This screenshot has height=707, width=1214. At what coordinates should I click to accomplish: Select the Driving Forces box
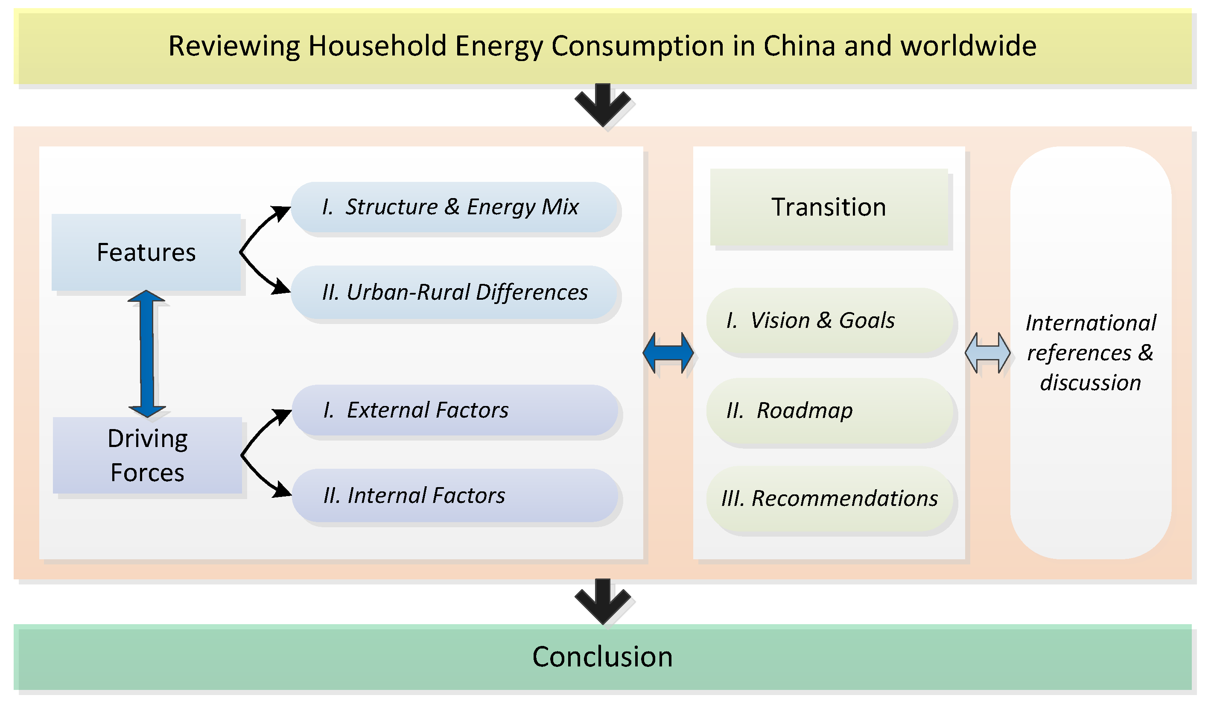[147, 456]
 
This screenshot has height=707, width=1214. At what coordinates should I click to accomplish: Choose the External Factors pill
[455, 410]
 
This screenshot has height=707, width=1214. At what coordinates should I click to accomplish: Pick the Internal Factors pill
[455, 495]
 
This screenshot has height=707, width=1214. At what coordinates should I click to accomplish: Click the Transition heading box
[829, 207]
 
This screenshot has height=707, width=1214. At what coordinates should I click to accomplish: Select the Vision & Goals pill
[829, 321]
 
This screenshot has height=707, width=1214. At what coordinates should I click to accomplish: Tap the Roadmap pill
[829, 411]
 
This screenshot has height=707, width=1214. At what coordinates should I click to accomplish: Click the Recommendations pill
[829, 499]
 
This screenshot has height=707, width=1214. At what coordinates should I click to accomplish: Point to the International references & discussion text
[1090, 353]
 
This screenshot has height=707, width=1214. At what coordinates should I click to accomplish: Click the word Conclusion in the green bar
[602, 657]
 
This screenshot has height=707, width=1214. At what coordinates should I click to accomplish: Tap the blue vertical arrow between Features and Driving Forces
[147, 354]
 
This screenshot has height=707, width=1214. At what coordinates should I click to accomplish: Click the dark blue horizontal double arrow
[668, 353]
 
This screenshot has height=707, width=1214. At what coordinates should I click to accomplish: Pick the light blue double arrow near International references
[988, 353]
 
